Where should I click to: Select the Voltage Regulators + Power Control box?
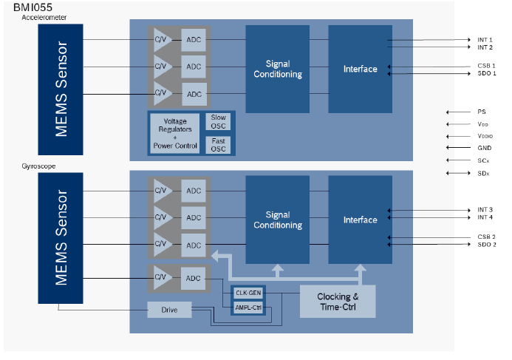click(x=174, y=134)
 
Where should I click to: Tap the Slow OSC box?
click(x=219, y=122)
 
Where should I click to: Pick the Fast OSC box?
click(x=219, y=144)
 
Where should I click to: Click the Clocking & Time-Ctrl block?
click(x=337, y=301)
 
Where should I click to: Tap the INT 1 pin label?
click(x=485, y=40)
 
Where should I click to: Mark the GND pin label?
click(x=485, y=148)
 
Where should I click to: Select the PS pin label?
click(x=482, y=112)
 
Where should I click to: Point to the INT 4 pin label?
click(x=485, y=217)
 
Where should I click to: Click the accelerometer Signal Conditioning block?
click(x=278, y=69)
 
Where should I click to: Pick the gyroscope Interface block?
click(x=361, y=220)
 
